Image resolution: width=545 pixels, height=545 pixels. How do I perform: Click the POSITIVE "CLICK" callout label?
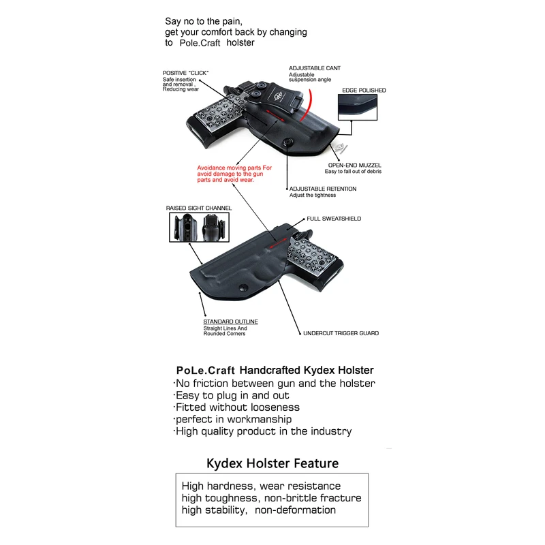(x=185, y=73)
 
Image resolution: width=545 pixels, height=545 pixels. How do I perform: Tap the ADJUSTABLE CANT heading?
(x=315, y=69)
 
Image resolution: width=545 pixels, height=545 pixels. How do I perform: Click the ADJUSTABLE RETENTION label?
(x=322, y=189)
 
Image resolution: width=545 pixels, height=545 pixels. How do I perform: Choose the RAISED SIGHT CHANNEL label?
(x=199, y=208)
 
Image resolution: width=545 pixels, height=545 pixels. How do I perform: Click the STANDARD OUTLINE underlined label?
(x=230, y=322)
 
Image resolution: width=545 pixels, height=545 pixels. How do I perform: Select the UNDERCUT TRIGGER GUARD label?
(x=341, y=333)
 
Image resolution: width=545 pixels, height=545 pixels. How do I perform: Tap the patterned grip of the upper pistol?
(x=215, y=115)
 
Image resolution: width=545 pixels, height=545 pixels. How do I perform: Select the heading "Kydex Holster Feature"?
(x=272, y=463)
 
